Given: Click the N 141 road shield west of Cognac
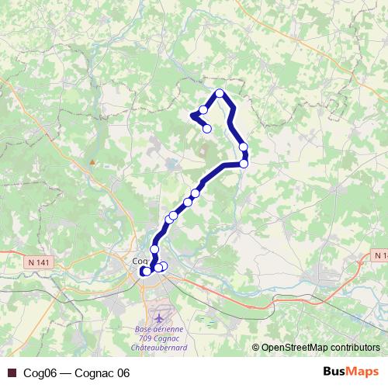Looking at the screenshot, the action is coord(37,263).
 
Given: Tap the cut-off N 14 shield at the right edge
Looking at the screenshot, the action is coord(379,255).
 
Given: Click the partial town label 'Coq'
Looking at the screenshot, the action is coord(140,261).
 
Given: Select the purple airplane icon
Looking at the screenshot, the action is coord(161,317).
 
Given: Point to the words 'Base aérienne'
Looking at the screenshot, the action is coord(154,328).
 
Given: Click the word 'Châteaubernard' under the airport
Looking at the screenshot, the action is coord(159,347).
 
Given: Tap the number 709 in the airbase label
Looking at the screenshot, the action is coord(141,338).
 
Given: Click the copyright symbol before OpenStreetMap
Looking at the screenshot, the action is coord(256,347).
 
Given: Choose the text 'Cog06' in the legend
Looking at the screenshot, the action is coord(37,373).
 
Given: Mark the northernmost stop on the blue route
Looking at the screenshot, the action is coord(220,94).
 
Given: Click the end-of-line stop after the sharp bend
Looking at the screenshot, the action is coord(207,129).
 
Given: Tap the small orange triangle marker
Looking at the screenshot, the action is coord(93,162).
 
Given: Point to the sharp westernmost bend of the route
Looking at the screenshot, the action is coord(191,116).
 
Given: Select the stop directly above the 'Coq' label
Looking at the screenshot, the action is coord(154,248).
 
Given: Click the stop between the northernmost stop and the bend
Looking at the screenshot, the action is coord(203,109).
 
